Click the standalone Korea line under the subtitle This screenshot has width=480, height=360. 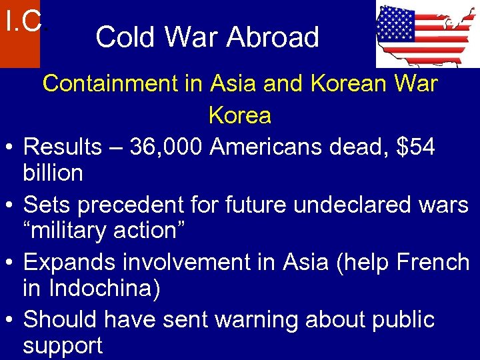tap(239, 115)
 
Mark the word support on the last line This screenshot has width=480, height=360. tap(63, 347)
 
